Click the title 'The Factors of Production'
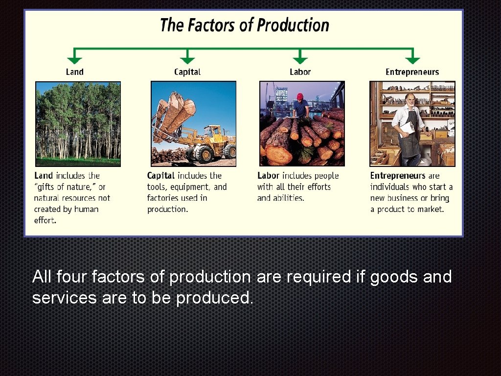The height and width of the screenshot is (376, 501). point(245,25)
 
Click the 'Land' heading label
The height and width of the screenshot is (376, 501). point(74,72)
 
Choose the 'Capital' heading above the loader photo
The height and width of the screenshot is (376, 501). point(187,72)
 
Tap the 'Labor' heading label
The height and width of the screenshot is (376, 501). point(300,72)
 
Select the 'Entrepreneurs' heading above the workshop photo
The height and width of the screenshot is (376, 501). point(412,72)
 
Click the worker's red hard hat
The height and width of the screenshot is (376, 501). point(300,96)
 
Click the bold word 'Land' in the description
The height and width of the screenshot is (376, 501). point(44,176)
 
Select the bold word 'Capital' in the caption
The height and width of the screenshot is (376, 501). point(161,176)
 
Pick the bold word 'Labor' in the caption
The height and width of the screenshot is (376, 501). point(268,176)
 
